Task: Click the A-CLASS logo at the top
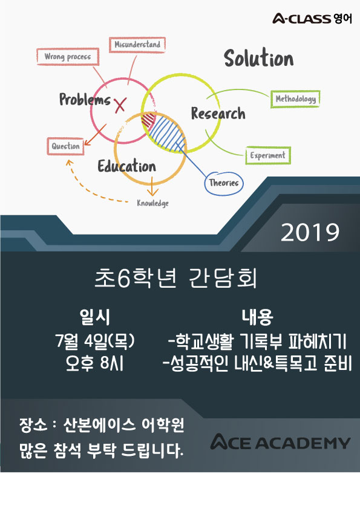312,19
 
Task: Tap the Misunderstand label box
137,45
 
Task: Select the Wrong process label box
68,57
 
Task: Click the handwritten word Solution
258,58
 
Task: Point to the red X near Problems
120,104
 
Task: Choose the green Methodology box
295,99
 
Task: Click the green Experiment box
267,155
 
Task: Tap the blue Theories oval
223,183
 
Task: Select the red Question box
65,146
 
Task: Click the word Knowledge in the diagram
152,203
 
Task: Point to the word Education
126,166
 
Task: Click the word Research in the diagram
218,113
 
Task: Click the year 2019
310,232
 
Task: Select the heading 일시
95,317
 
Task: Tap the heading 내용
257,317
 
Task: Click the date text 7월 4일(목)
95,341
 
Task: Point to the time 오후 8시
94,363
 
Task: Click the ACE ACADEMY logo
280,442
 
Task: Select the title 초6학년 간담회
176,278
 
